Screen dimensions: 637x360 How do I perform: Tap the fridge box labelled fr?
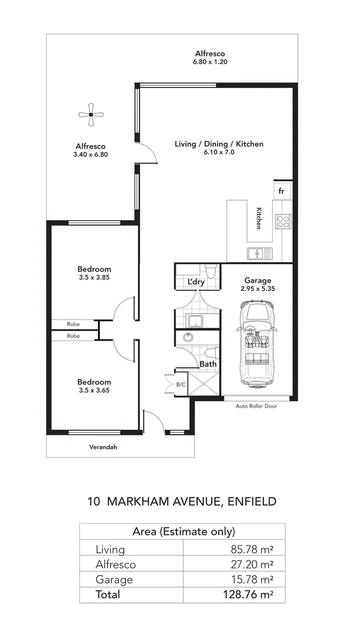(x=282, y=191)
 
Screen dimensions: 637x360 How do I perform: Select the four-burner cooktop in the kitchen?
(x=283, y=221)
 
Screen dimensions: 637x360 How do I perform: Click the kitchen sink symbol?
(x=260, y=253)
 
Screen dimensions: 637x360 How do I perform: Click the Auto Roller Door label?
(x=256, y=406)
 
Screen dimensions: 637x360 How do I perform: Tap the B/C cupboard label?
(x=180, y=384)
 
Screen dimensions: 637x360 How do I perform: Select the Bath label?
(x=208, y=364)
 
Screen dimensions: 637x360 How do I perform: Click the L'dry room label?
(x=196, y=282)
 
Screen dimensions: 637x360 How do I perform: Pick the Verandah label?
(x=103, y=447)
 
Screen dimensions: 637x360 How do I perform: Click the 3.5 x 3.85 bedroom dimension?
(x=94, y=277)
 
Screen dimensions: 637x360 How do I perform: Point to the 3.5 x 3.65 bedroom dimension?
(x=94, y=390)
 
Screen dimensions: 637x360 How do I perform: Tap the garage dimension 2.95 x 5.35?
(x=257, y=289)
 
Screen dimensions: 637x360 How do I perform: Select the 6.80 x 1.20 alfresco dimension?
(x=210, y=62)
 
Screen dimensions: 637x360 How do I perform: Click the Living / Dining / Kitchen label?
(x=219, y=144)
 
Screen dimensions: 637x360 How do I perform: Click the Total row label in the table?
(x=108, y=594)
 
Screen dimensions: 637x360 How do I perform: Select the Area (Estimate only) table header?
(x=183, y=531)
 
